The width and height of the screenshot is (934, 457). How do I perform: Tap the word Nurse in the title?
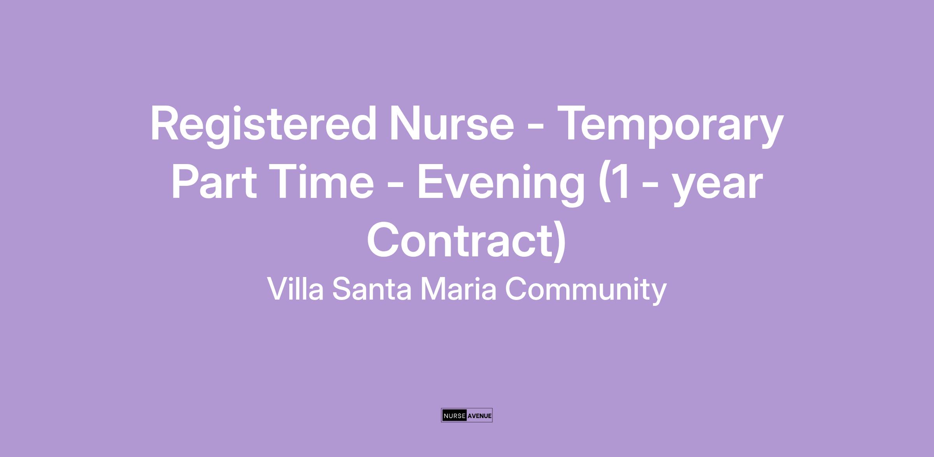coord(452,123)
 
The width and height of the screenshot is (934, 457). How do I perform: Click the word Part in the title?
coord(214,182)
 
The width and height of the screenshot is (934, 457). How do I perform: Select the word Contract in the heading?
coord(459,240)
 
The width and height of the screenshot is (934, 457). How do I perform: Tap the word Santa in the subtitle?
coord(372,289)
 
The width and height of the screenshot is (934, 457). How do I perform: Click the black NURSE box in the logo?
coord(454,415)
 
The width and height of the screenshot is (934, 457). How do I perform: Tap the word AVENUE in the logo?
coord(479,416)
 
